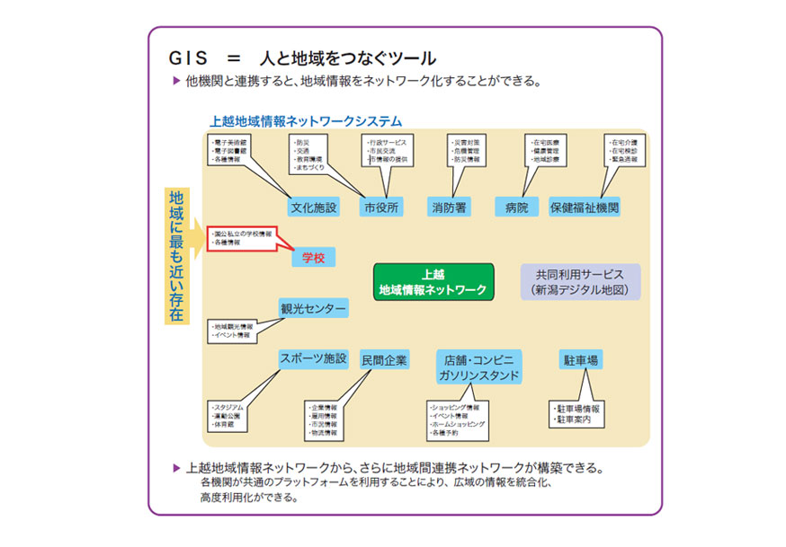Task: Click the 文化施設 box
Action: click(315, 207)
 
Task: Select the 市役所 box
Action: click(381, 207)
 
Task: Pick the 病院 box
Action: click(516, 207)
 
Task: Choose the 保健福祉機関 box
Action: click(585, 207)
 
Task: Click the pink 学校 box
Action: click(313, 258)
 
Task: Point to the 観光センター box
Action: click(313, 309)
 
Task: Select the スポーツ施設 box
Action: click(313, 358)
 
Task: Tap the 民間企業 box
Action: click(384, 360)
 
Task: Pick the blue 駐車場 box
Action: click(581, 360)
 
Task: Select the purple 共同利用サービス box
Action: click(580, 281)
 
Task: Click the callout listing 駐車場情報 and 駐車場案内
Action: click(576, 414)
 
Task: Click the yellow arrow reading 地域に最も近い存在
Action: click(177, 255)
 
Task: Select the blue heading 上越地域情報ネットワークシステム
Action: click(306, 120)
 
